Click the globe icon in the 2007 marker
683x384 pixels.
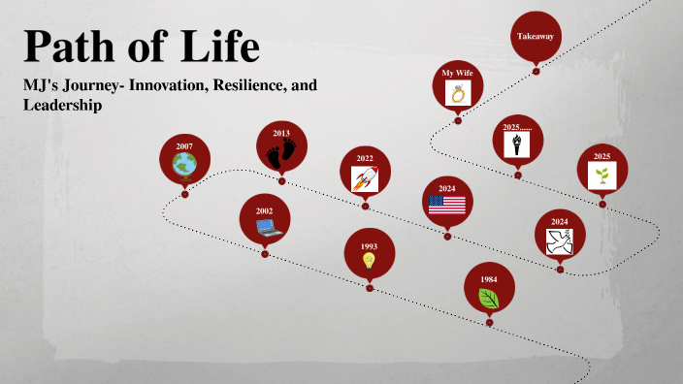click(184, 166)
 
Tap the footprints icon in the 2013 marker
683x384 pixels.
click(281, 153)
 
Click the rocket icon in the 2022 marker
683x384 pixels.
click(365, 177)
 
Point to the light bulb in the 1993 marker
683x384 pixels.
click(369, 261)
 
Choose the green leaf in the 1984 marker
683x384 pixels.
click(489, 298)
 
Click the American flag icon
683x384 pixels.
click(447, 205)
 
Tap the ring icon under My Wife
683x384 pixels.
click(458, 93)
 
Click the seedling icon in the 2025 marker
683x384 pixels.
click(602, 176)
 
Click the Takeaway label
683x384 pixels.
click(536, 36)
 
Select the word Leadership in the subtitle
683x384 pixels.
click(63, 105)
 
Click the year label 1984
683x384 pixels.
click(489, 279)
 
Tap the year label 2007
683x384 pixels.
click(184, 146)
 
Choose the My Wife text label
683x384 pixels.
click(458, 73)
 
